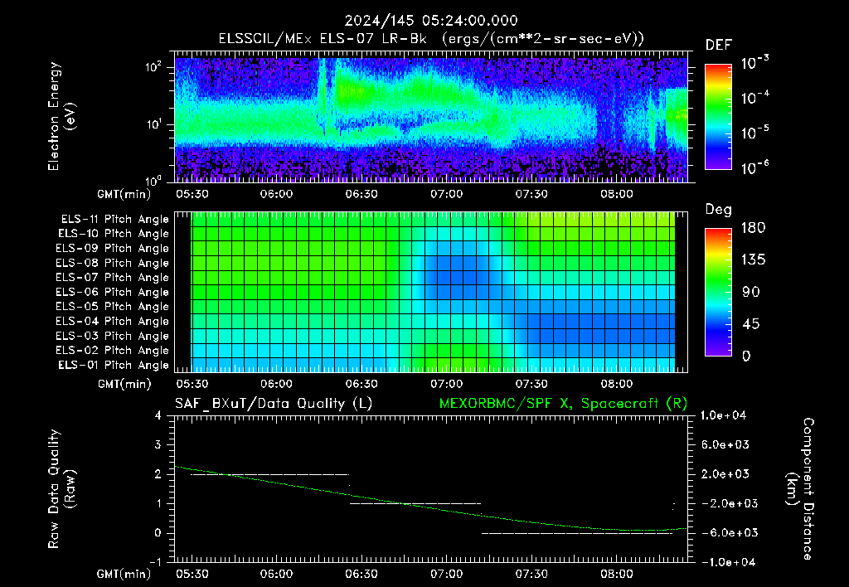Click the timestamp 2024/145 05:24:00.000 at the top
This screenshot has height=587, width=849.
(431, 21)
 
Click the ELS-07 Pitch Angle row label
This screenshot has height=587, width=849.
(112, 277)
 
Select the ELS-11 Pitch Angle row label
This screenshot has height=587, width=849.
(114, 220)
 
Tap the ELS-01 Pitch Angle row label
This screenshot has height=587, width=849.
(113, 365)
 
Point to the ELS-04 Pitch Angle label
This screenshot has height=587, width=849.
(112, 321)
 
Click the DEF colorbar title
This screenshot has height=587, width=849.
(719, 45)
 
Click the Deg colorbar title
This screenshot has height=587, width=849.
(719, 210)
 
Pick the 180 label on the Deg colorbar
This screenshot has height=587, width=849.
(753, 227)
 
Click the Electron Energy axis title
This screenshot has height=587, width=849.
(61, 116)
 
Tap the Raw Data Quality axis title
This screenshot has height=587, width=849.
(61, 489)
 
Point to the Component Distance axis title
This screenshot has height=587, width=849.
(800, 489)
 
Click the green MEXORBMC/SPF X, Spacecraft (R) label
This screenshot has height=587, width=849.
(563, 404)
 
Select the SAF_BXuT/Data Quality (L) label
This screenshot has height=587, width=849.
(274, 404)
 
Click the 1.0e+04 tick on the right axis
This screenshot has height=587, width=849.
(723, 415)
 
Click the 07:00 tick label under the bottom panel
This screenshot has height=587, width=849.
(447, 574)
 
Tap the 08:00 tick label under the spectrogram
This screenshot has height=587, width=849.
(617, 194)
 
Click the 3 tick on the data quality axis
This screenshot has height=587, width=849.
(158, 444)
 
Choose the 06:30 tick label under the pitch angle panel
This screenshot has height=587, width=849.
(361, 384)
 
